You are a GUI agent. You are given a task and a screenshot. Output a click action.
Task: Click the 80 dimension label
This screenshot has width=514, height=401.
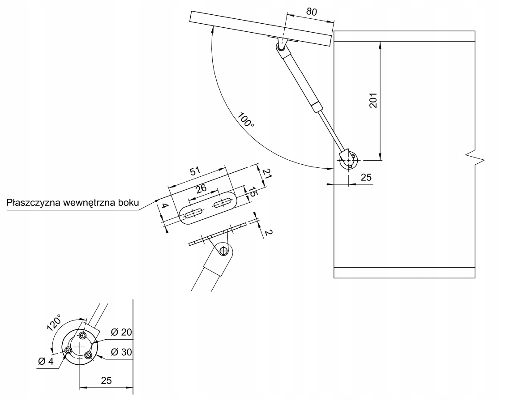pos(312,12)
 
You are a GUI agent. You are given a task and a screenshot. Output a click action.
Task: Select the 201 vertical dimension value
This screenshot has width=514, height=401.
pos(373,101)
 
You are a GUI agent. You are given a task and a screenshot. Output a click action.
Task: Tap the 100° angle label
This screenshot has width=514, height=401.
pos(246,120)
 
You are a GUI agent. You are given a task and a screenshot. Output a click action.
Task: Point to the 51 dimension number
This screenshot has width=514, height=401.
pos(195,171)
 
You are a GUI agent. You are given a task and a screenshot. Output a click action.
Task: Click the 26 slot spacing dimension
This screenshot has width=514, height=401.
pos(201,188)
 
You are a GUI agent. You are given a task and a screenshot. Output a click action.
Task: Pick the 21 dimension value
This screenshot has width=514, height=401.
pos(267,173)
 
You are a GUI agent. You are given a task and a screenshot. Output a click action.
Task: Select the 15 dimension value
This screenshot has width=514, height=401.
pos(252,192)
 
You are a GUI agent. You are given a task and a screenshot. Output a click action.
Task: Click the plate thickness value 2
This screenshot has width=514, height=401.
pos(268,232)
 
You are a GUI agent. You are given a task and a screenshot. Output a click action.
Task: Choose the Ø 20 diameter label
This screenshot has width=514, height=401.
pos(121,332)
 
